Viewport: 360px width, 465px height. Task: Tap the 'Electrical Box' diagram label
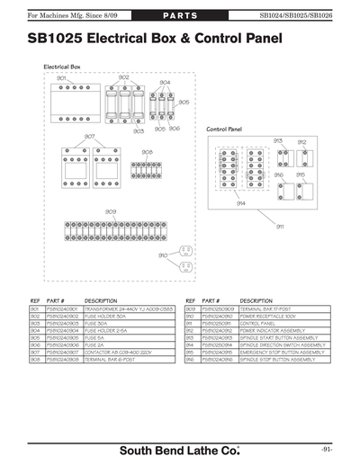tap(62, 67)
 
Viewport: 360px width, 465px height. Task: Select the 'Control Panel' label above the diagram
tap(224, 130)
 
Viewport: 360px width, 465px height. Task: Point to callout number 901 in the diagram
tap(61, 79)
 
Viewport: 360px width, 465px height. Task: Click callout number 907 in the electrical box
tap(89, 136)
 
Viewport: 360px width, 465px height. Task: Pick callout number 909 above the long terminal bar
tap(110, 211)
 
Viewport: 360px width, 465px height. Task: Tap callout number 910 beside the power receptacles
tap(163, 255)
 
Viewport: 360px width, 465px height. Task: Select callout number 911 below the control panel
tap(280, 226)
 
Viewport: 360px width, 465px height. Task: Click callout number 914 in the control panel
tap(241, 204)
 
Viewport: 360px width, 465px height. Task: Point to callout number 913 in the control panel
tap(278, 141)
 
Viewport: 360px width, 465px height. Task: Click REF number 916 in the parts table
tap(190, 359)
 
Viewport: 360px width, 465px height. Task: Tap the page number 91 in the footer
tap(327, 448)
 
